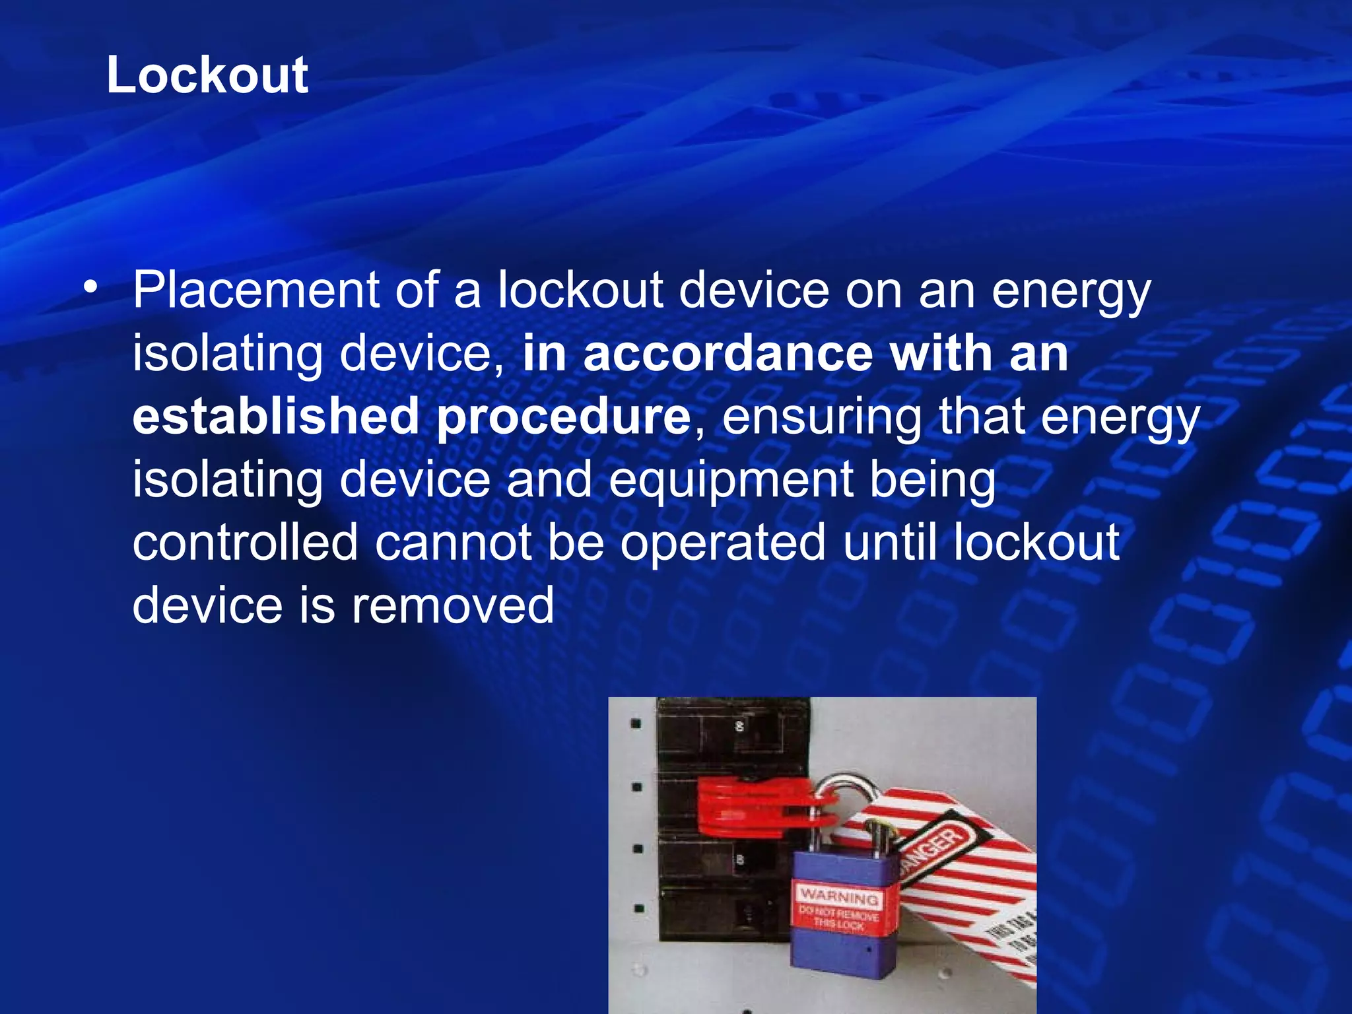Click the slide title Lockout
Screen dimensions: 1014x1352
(207, 75)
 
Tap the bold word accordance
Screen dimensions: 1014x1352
(728, 354)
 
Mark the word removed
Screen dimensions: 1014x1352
(452, 605)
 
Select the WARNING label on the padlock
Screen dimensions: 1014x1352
(838, 896)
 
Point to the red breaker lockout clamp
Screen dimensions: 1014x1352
(753, 805)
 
